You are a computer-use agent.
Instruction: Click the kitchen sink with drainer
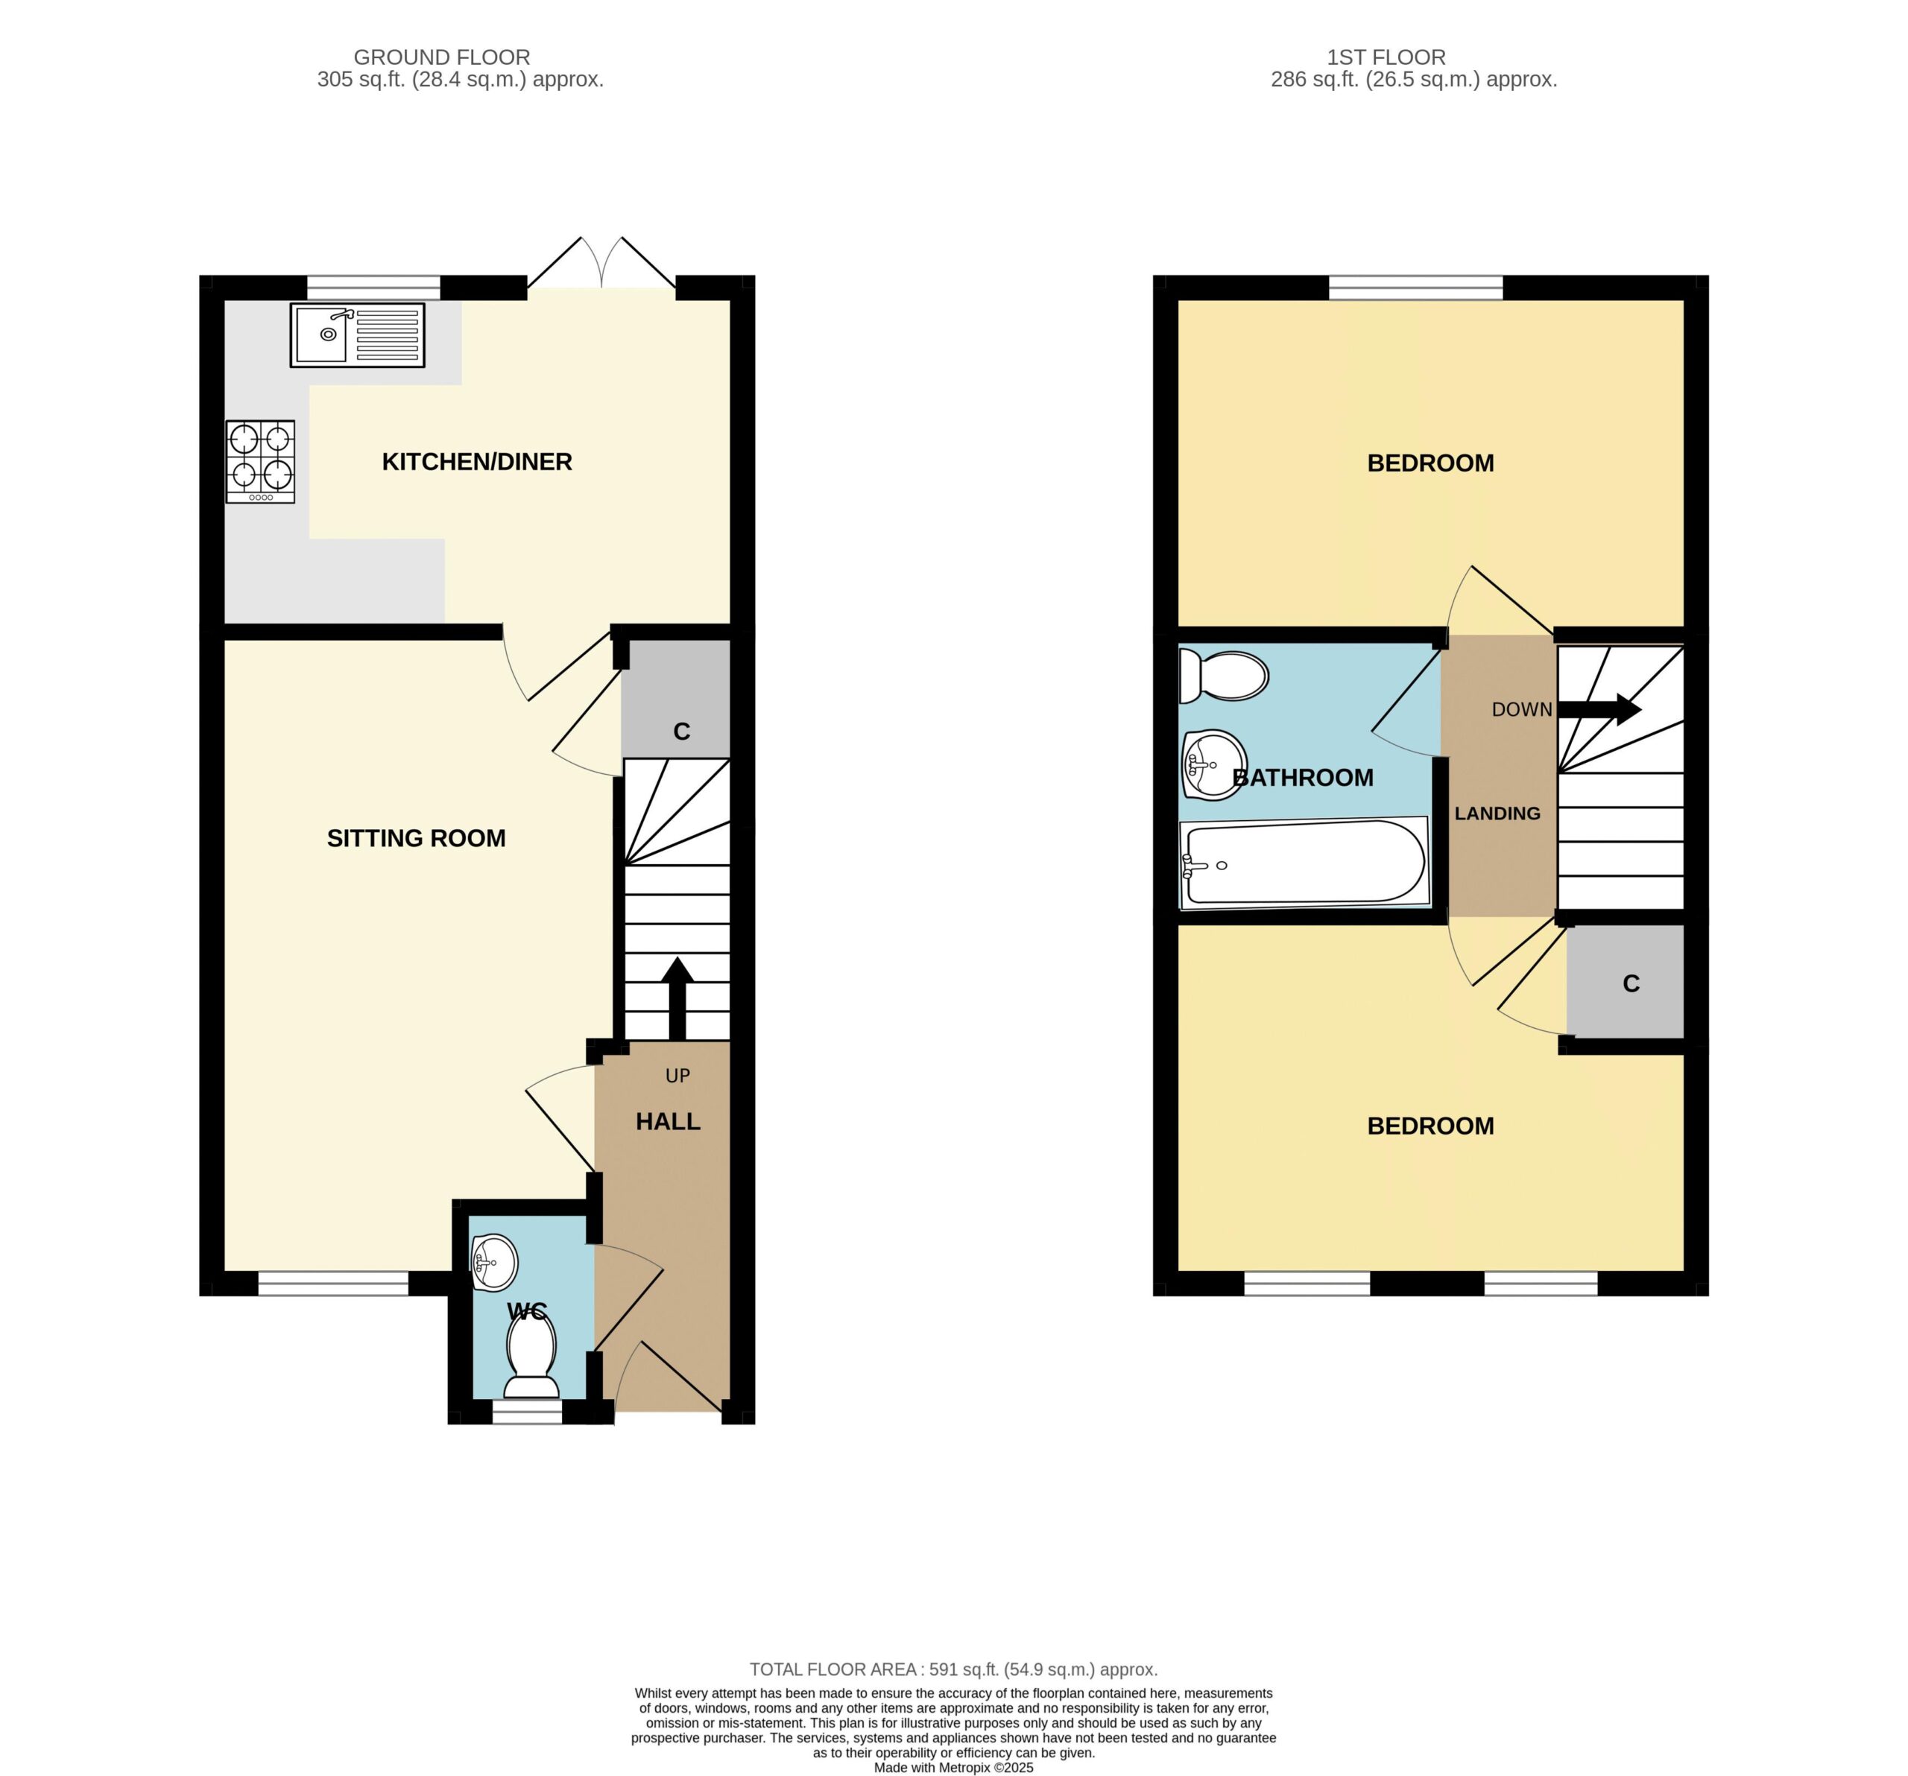click(x=357, y=334)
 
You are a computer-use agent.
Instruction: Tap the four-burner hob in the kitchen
click(x=260, y=462)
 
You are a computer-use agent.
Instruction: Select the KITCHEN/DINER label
click(x=477, y=462)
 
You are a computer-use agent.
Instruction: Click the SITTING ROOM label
click(x=416, y=837)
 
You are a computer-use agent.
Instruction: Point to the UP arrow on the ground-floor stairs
click(x=677, y=998)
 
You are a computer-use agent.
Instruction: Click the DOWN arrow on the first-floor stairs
click(x=1599, y=709)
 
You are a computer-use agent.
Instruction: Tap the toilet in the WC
click(x=531, y=1356)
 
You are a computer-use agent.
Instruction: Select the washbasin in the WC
click(x=494, y=1262)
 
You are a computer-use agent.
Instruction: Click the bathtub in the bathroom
click(x=1304, y=862)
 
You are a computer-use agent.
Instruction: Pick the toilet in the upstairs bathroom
click(x=1224, y=676)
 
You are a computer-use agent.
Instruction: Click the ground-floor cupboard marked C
click(x=676, y=700)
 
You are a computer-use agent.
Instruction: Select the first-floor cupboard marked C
click(x=1625, y=980)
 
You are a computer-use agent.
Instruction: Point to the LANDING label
click(x=1497, y=814)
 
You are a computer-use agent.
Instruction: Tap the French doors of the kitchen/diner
click(x=601, y=264)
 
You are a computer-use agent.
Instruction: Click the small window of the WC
click(x=527, y=1412)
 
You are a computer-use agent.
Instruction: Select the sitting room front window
click(x=334, y=1284)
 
